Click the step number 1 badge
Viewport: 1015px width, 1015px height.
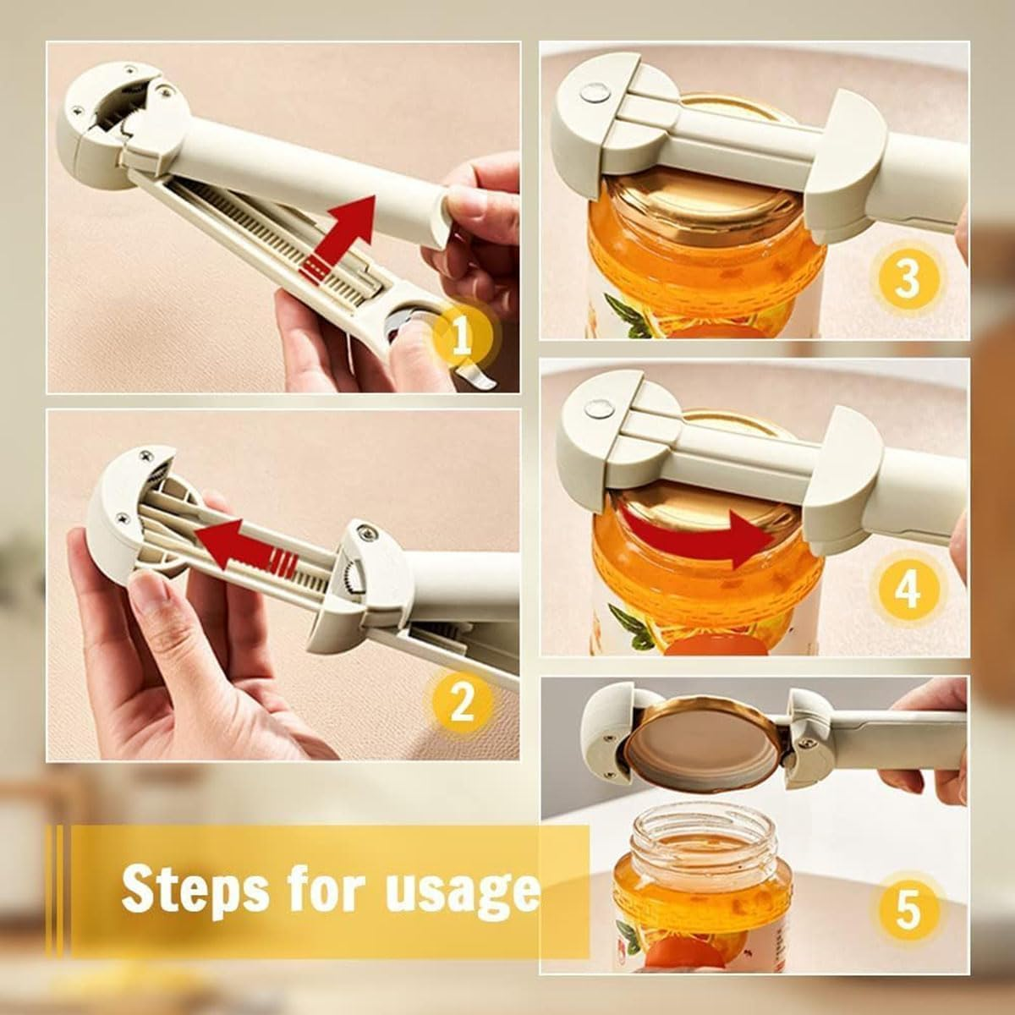tap(462, 338)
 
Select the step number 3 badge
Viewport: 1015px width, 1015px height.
tap(907, 280)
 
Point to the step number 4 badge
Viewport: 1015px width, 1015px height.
tap(907, 589)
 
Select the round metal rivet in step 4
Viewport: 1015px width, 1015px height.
tap(599, 409)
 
